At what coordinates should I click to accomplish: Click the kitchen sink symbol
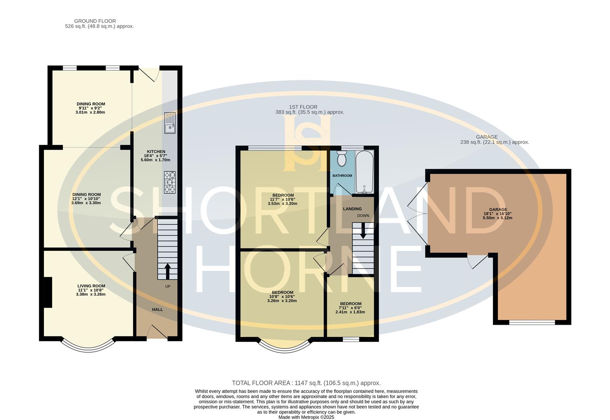tap(170, 123)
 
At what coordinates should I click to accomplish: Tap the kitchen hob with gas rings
tap(170, 182)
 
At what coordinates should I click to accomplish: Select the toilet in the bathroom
tap(341, 159)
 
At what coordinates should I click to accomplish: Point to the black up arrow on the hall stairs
tap(167, 271)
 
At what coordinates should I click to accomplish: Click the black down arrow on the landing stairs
tap(363, 231)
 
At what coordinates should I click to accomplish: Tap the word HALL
tap(157, 310)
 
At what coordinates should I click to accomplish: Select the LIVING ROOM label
tap(91, 286)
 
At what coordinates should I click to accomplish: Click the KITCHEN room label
tap(156, 152)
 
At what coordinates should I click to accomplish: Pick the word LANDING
tap(352, 209)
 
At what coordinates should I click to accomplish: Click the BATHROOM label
tap(342, 176)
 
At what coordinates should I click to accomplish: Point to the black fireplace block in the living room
tap(48, 292)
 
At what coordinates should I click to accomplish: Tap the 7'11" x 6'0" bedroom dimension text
tap(350, 308)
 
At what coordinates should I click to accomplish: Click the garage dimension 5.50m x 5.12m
tap(497, 218)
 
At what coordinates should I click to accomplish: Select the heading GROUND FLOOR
tap(95, 21)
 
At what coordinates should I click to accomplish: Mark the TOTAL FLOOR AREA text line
tap(306, 383)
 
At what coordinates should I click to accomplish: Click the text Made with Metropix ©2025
tap(306, 417)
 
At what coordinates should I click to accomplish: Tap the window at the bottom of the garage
tap(532, 323)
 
